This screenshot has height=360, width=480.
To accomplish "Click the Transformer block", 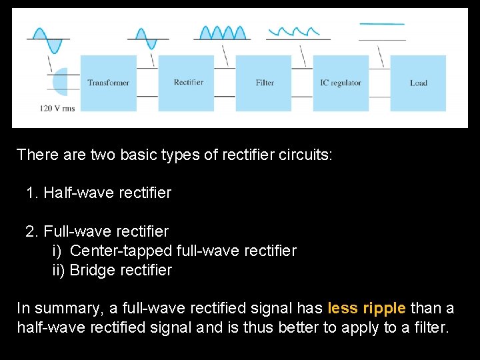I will (108, 83).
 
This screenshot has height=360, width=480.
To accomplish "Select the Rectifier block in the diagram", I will (188, 83).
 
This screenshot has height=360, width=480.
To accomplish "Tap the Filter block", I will (265, 83).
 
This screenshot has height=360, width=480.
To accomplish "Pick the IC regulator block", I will (341, 83).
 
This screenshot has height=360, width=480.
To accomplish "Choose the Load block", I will (418, 83).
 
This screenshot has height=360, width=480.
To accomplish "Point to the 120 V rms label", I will (57, 107).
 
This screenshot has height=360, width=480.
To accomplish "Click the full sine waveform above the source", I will (48, 39).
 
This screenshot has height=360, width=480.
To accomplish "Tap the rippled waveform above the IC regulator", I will (294, 31).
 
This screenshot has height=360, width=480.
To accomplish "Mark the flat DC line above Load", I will (381, 24).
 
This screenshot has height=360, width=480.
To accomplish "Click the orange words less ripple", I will (367, 308).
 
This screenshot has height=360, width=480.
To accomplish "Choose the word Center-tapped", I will (121, 251).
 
